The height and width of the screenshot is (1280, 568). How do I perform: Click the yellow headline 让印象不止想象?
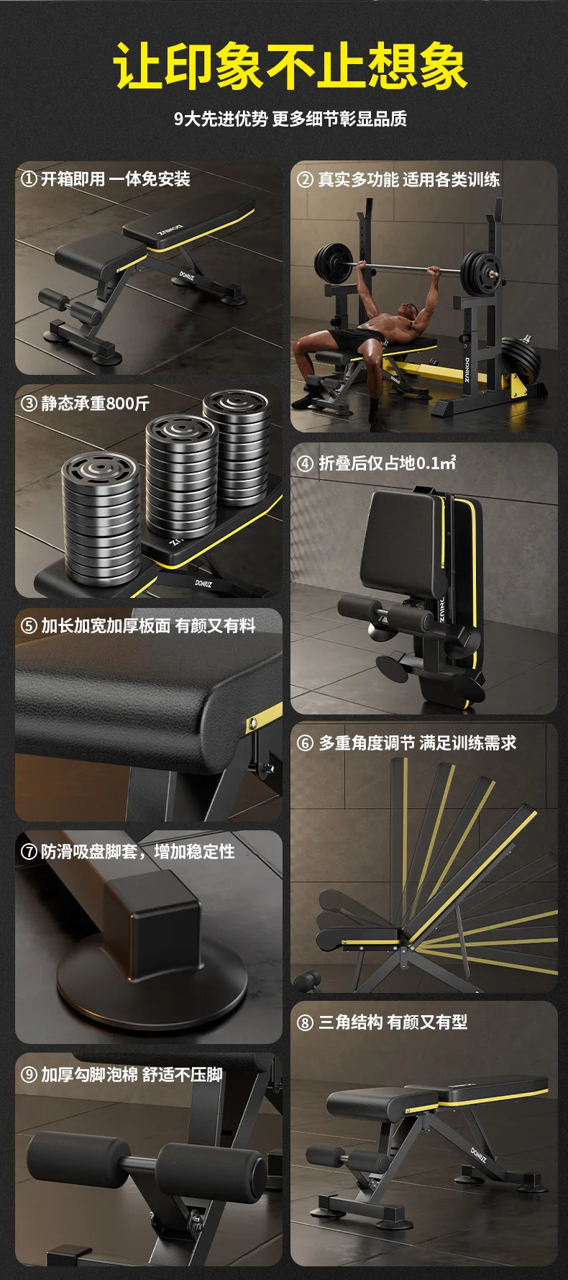click(290, 67)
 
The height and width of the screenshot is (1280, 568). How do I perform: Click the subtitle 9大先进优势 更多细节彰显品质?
click(290, 119)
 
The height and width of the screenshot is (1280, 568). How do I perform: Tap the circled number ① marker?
click(29, 179)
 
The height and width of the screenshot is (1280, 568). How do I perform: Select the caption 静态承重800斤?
click(95, 403)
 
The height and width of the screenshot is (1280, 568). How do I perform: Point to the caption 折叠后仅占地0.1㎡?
click(388, 463)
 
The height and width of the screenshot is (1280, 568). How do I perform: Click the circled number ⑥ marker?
click(305, 743)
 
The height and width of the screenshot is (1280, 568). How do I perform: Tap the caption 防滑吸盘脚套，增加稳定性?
click(138, 852)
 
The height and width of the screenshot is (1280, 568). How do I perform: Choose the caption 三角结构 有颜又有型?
click(393, 1022)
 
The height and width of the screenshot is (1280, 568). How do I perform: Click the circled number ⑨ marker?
click(29, 1075)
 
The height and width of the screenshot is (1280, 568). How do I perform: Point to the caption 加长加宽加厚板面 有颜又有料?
click(148, 626)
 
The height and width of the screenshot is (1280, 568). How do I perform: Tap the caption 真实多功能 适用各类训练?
click(409, 180)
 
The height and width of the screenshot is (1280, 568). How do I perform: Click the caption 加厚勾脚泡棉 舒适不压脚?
click(132, 1075)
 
